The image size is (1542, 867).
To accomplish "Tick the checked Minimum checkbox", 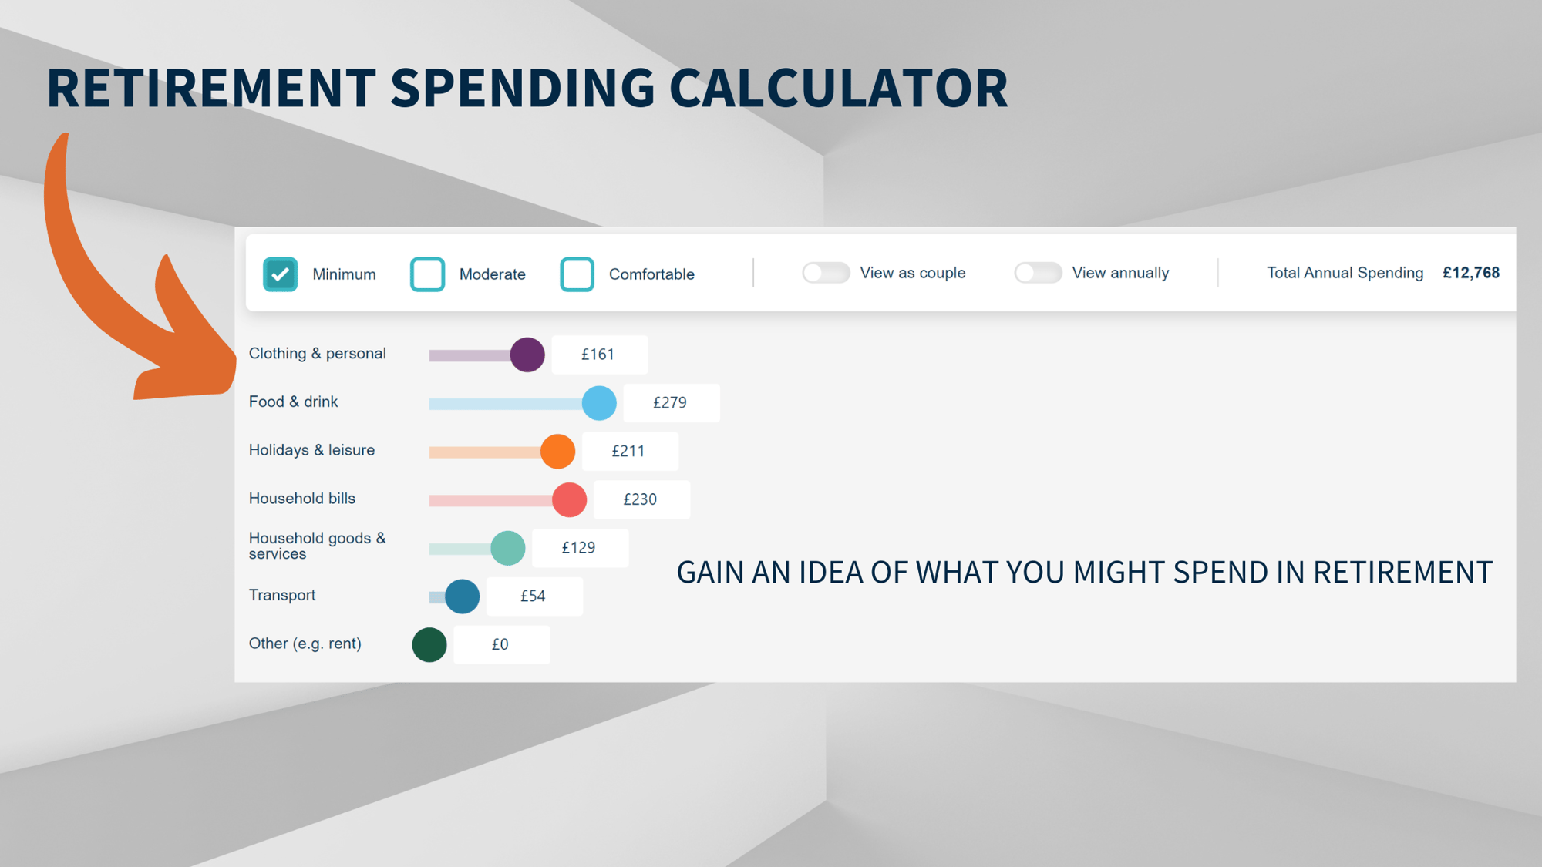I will click(280, 274).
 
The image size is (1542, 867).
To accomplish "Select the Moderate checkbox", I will click(427, 274).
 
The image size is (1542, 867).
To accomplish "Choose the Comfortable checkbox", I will click(577, 274).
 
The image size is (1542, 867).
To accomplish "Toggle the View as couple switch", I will click(826, 273).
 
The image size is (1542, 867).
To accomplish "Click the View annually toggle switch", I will click(1038, 273).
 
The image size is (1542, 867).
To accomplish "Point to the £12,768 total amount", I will click(1471, 273).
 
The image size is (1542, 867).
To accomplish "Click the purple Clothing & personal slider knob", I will click(527, 355).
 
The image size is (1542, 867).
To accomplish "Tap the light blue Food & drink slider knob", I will click(599, 403).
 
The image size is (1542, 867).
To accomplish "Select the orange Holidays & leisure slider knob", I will click(557, 451).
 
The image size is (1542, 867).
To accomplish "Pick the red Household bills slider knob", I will click(569, 499).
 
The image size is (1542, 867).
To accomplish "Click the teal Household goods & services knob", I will click(507, 548).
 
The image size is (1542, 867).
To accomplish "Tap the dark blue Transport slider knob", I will click(462, 596).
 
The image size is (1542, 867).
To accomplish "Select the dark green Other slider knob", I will click(429, 644).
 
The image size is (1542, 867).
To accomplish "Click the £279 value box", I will click(671, 403).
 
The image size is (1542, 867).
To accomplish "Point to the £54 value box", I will click(534, 596).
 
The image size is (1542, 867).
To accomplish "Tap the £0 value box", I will click(501, 644).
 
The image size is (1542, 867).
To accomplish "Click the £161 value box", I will click(599, 355).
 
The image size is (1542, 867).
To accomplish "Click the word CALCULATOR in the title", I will click(839, 87).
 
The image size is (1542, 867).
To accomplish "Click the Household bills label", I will click(302, 499).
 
